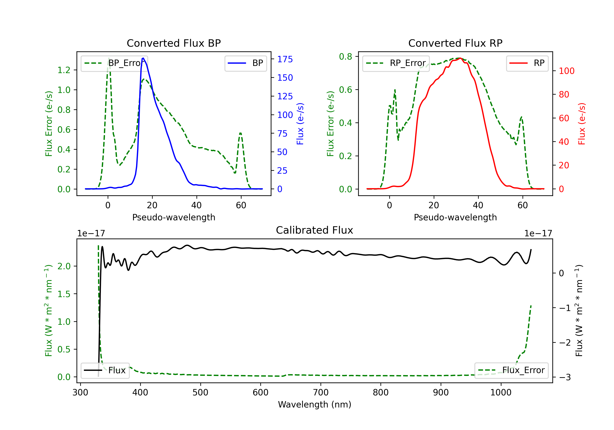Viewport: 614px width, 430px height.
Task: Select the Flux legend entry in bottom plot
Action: click(x=105, y=371)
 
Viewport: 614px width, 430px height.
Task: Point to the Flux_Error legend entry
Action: click(x=511, y=370)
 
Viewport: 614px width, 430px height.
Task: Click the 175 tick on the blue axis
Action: click(x=285, y=59)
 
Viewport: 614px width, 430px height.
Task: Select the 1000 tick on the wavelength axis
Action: click(x=501, y=393)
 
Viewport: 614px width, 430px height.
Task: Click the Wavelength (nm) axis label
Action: click(x=315, y=405)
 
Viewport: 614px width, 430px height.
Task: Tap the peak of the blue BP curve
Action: click(x=143, y=58)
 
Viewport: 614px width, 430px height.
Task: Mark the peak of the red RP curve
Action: click(x=460, y=58)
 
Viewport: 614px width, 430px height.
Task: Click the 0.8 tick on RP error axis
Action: click(x=345, y=57)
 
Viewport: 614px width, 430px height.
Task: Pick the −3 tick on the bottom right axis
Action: click(x=564, y=378)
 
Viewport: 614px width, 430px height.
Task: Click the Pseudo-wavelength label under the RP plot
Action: click(x=455, y=217)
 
